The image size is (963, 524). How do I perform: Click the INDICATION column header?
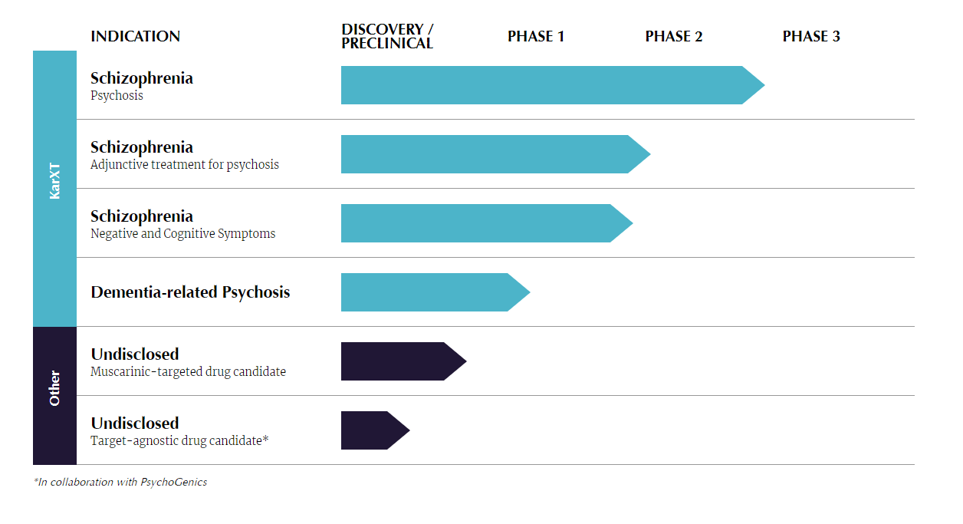135,36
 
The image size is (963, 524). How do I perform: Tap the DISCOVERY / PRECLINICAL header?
387,36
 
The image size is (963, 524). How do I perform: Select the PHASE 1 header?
536,36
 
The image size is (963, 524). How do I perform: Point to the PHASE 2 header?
674,36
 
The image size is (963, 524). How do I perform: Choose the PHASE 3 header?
811,36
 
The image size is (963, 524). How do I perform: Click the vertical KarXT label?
54,181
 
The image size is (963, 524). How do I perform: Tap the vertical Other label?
54,388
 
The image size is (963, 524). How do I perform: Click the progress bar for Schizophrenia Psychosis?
553,85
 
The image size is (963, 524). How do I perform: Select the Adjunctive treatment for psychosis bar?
496,154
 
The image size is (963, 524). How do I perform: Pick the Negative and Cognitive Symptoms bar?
487,223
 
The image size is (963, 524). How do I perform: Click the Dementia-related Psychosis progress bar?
435,292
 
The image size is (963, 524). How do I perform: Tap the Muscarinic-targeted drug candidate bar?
404,361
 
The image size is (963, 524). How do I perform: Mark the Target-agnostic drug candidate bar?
376,430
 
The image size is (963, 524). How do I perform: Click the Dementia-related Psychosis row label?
190,292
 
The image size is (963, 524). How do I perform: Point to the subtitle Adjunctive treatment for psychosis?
185,165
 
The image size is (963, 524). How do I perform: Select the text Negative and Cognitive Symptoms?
182,233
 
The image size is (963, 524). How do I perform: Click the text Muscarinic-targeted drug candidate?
188,371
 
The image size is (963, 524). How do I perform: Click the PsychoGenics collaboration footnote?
120,483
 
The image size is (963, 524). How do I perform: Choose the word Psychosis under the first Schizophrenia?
117,95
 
